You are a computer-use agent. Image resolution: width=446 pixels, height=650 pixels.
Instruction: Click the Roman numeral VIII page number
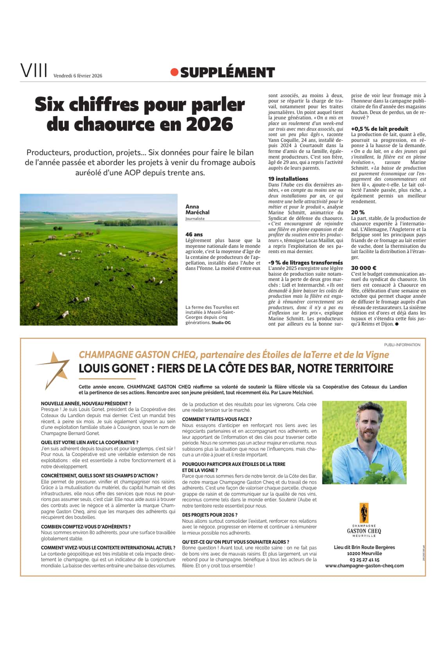pyautogui.click(x=34, y=72)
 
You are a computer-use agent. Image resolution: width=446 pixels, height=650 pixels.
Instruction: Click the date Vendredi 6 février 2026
pyautogui.click(x=77, y=76)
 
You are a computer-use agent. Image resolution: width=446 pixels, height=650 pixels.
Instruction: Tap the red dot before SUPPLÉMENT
pyautogui.click(x=174, y=72)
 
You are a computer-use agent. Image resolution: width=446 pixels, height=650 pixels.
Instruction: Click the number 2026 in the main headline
pyautogui.click(x=210, y=124)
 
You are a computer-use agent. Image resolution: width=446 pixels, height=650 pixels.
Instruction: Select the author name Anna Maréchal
pyautogui.click(x=197, y=209)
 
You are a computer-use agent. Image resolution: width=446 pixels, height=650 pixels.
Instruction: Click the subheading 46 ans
pyautogui.click(x=194, y=234)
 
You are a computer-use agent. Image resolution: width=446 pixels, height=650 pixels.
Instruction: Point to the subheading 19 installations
pyautogui.click(x=288, y=179)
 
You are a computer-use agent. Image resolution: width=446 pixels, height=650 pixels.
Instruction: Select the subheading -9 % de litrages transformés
pyautogui.click(x=305, y=263)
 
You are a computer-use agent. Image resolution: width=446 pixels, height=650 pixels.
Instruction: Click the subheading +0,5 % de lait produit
pyautogui.click(x=379, y=129)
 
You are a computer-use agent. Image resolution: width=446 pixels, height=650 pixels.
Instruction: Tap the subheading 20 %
pyautogui.click(x=358, y=212)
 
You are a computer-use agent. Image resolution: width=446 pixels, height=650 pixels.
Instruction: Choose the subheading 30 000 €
pyautogui.click(x=364, y=268)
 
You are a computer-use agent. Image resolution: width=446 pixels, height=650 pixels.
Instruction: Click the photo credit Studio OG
pyautogui.click(x=221, y=323)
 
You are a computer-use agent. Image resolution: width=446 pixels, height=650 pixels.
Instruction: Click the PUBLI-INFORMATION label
pyautogui.click(x=402, y=345)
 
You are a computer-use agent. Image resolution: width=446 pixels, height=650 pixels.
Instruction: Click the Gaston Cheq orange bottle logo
pyautogui.click(x=364, y=513)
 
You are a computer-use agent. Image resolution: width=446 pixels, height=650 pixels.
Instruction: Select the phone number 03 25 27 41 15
pyautogui.click(x=363, y=560)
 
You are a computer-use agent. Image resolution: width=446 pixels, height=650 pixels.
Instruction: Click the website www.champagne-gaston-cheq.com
pyautogui.click(x=364, y=565)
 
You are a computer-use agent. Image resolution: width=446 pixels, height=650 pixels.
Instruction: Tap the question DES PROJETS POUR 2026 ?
pyautogui.click(x=210, y=515)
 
